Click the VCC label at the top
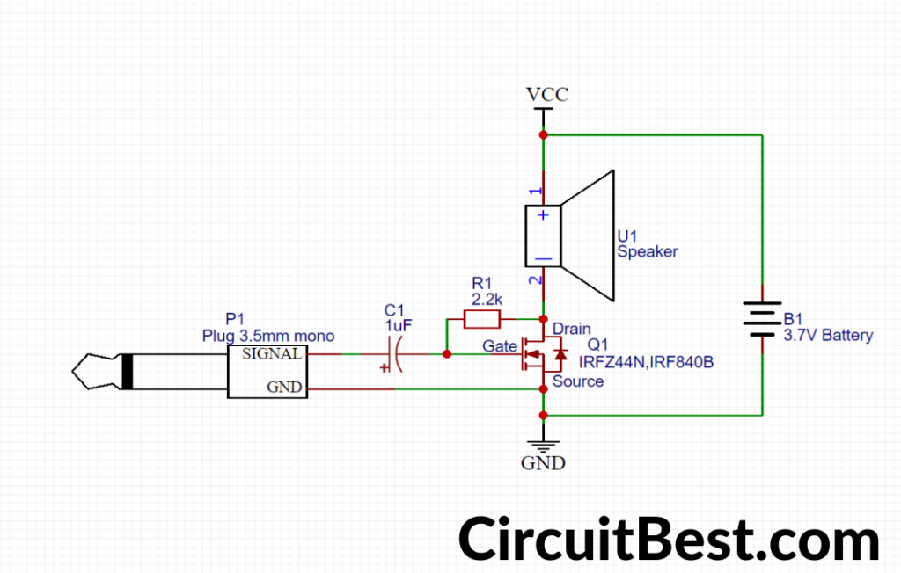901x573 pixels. click(x=546, y=94)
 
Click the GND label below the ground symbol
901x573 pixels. click(x=543, y=463)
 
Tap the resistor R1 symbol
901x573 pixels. click(x=482, y=320)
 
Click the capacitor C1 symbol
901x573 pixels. click(x=393, y=354)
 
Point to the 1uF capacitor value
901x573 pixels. click(x=397, y=325)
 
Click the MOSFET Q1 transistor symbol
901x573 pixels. click(x=542, y=354)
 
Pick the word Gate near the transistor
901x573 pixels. click(x=500, y=347)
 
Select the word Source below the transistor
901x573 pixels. click(x=577, y=381)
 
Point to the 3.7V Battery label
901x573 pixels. click(x=828, y=335)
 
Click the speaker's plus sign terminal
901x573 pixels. click(x=544, y=215)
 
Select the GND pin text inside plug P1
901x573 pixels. click(x=287, y=387)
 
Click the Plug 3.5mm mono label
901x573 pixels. click(x=267, y=336)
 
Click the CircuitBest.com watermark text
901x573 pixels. click(x=669, y=538)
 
